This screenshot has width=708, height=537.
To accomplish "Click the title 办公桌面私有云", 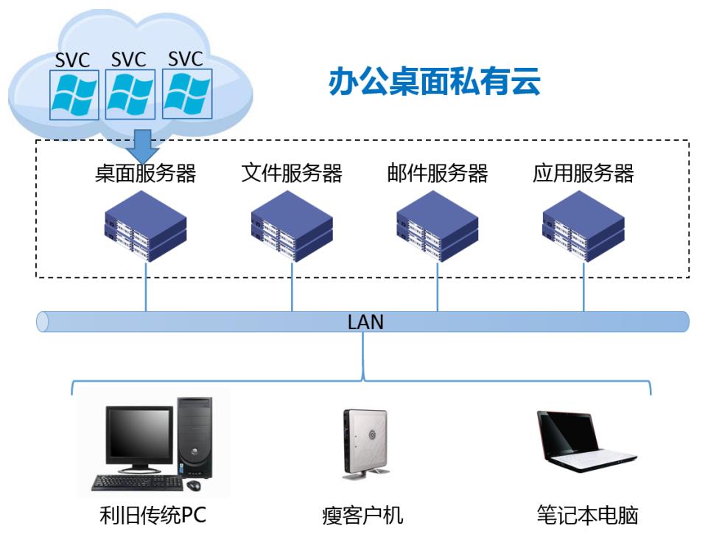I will click(434, 83).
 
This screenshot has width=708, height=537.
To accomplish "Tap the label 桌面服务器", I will click(145, 173).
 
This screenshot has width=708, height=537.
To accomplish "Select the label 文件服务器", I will click(292, 173).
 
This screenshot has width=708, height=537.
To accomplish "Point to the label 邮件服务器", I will click(438, 173).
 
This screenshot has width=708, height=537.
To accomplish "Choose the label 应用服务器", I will click(583, 173).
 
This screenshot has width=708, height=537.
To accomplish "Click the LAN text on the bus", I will click(365, 322).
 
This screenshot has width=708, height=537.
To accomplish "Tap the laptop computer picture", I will click(581, 443).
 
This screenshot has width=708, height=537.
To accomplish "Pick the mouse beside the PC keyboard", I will click(194, 485).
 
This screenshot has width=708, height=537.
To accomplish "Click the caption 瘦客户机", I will click(362, 516).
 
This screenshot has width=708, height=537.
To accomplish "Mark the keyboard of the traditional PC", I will click(136, 483).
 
